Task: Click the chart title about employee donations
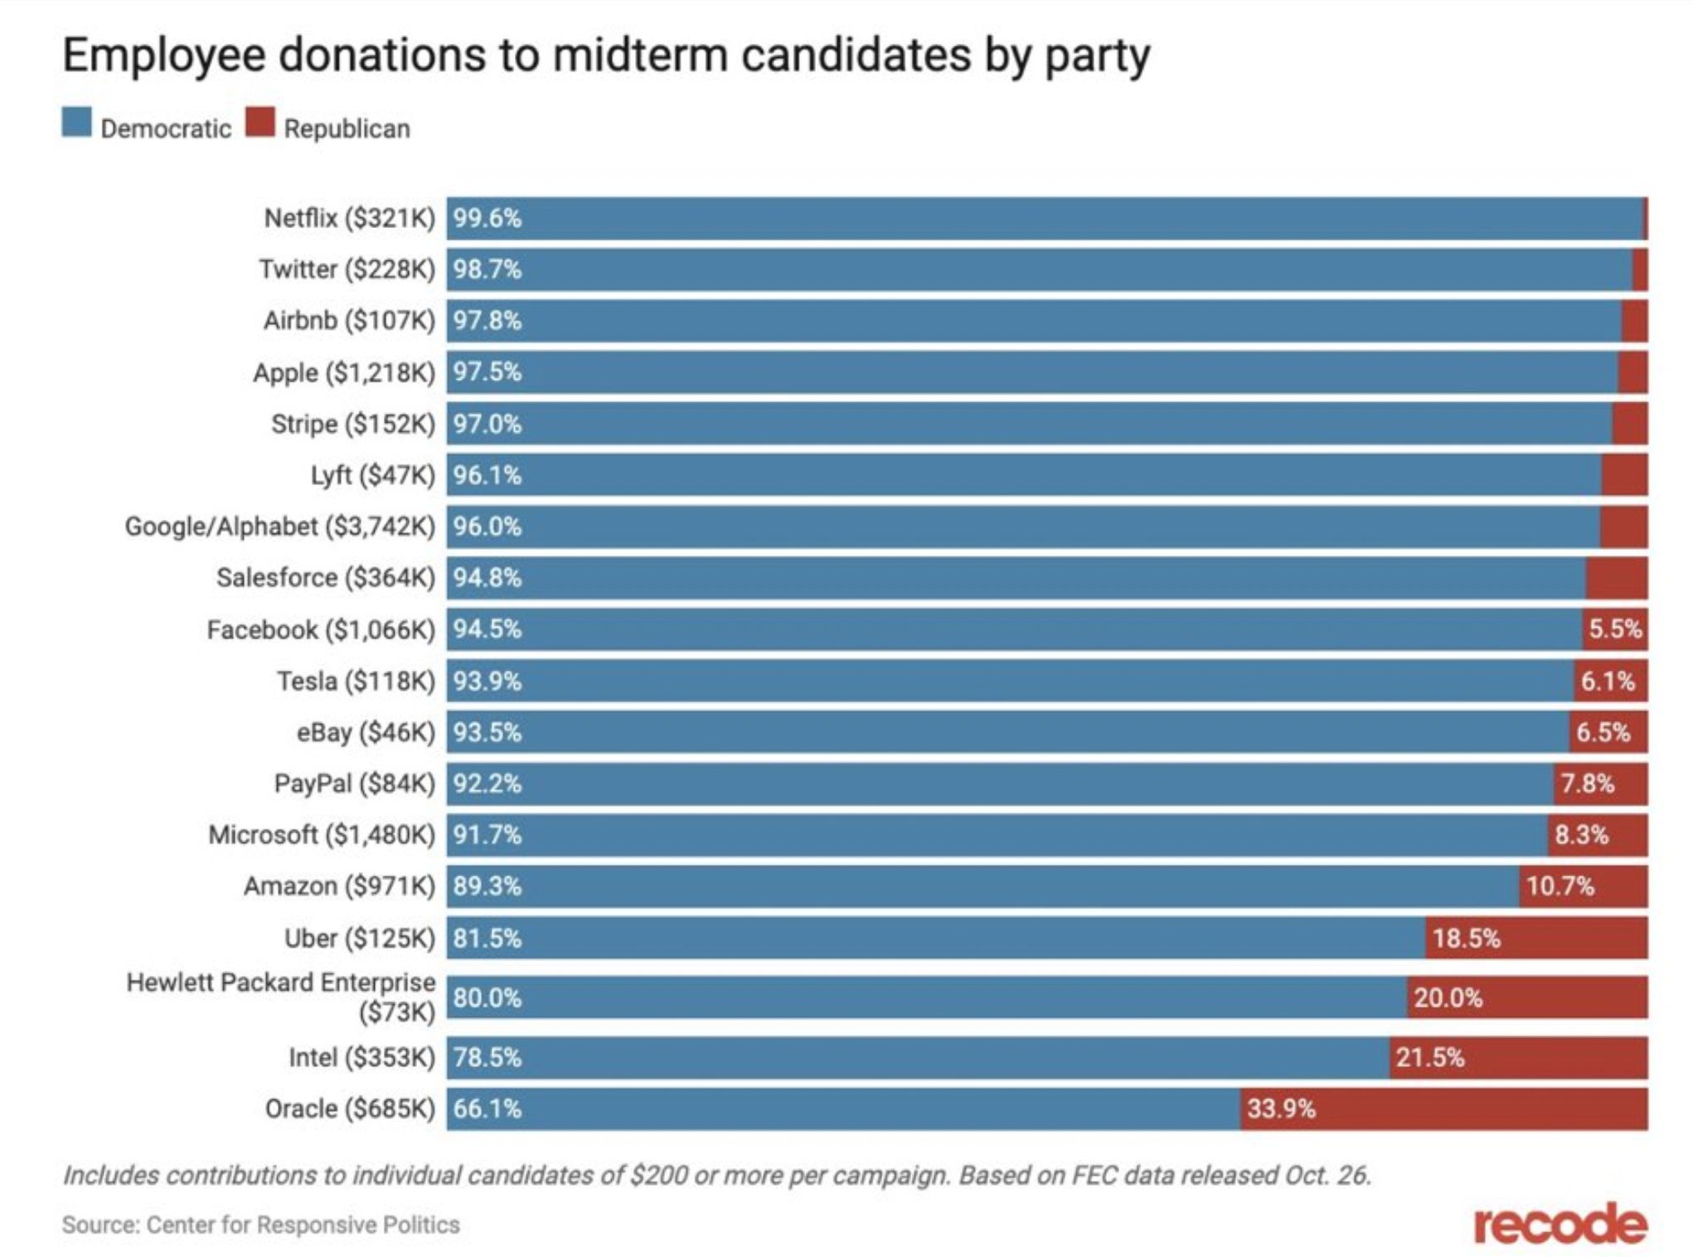pyautogui.click(x=605, y=56)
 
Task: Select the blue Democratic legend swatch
pyautogui.click(x=77, y=122)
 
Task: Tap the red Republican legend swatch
pyautogui.click(x=260, y=122)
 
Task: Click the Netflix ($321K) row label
pyautogui.click(x=349, y=218)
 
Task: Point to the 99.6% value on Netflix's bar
pyautogui.click(x=488, y=219)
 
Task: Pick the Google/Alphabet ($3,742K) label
pyautogui.click(x=279, y=527)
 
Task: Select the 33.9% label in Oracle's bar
pyautogui.click(x=1281, y=1109)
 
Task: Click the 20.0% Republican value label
pyautogui.click(x=1448, y=997)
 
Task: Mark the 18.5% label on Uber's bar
pyautogui.click(x=1466, y=939)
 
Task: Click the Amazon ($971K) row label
pyautogui.click(x=339, y=886)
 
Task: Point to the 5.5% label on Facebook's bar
pyautogui.click(x=1614, y=629)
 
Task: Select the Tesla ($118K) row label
pyautogui.click(x=356, y=682)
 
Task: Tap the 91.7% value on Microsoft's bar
pyautogui.click(x=488, y=835)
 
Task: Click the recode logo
pyautogui.click(x=1560, y=1224)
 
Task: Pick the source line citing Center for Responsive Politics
pyautogui.click(x=260, y=1225)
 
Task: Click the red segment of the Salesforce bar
pyautogui.click(x=1616, y=578)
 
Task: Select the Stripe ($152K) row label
pyautogui.click(x=352, y=425)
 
